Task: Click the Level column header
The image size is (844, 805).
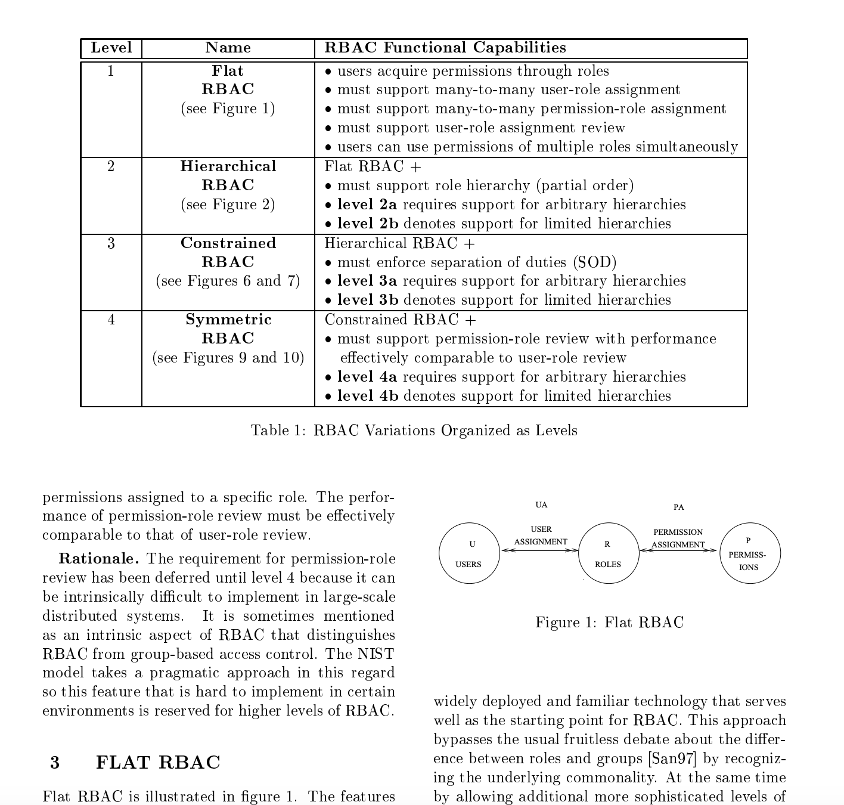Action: tap(111, 48)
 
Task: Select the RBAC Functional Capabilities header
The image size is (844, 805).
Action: tap(445, 48)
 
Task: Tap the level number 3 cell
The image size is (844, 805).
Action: tap(111, 243)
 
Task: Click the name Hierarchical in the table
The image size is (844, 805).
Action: tap(228, 166)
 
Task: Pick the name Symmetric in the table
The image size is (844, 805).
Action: tap(228, 320)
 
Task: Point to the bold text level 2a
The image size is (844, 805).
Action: tap(367, 205)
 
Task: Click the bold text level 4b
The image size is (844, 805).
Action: tap(368, 396)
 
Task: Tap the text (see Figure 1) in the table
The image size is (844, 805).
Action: tap(228, 109)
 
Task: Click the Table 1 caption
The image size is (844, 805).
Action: tap(414, 431)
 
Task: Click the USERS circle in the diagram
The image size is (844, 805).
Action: tap(469, 553)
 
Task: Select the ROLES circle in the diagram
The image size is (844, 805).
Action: tap(608, 553)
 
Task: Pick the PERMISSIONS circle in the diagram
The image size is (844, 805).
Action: tap(750, 553)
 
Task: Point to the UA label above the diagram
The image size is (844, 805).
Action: tap(541, 505)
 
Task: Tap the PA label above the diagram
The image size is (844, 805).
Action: tap(679, 507)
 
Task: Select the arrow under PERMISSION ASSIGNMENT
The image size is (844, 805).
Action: tap(678, 550)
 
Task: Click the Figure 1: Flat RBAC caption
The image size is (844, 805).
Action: tap(609, 623)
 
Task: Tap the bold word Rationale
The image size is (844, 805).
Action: tap(98, 559)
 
